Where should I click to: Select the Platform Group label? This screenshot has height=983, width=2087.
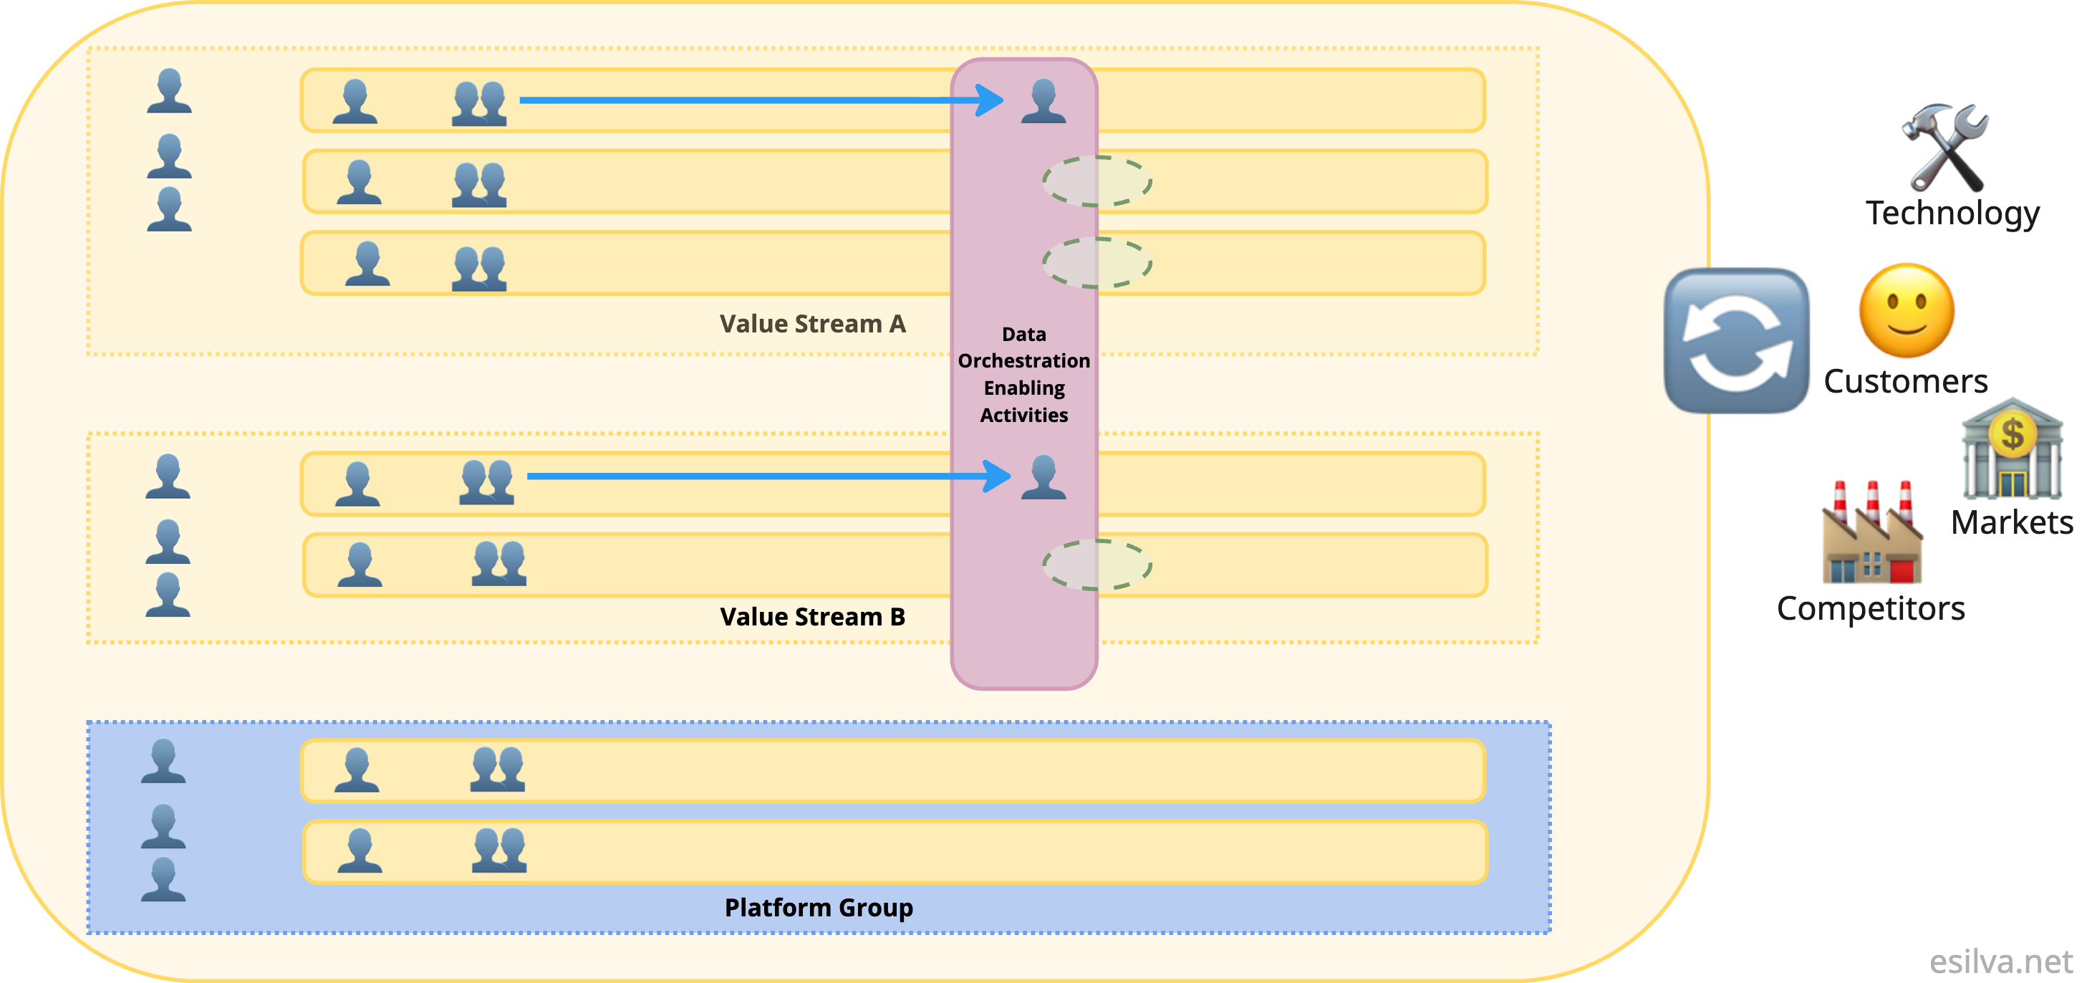(819, 907)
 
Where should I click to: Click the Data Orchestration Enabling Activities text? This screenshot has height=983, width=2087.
(1024, 375)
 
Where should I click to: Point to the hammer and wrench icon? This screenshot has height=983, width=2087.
(1944, 148)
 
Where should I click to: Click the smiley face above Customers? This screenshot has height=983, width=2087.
(1907, 311)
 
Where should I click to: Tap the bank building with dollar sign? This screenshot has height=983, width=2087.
(2012, 448)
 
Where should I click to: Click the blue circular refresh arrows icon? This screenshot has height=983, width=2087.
(1736, 340)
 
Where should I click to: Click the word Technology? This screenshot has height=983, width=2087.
(1952, 213)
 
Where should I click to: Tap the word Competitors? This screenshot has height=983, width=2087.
(1871, 608)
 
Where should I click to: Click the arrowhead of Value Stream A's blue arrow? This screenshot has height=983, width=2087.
(991, 100)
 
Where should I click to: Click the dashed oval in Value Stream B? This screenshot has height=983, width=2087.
(1097, 564)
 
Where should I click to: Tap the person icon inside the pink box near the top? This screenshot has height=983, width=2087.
(1043, 101)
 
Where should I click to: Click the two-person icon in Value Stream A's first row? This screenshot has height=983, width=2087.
(479, 104)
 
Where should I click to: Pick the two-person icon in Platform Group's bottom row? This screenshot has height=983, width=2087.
(499, 850)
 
